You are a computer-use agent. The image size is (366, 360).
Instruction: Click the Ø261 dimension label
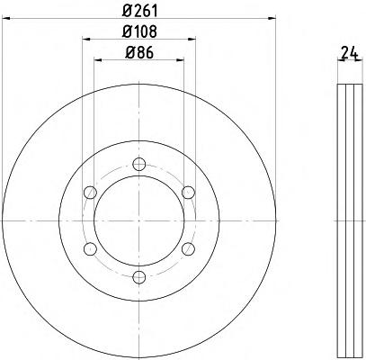tap(139, 12)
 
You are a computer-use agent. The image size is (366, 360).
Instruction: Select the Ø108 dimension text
tap(139, 31)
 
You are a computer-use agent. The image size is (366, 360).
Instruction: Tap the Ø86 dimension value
tap(139, 53)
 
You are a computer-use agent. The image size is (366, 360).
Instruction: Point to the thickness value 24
tap(350, 54)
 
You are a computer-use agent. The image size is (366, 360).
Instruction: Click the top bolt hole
tap(139, 164)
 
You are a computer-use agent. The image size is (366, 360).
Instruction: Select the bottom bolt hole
tap(139, 277)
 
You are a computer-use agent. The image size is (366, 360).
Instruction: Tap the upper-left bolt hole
tap(90, 192)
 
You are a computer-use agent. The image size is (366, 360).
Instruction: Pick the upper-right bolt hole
tap(188, 192)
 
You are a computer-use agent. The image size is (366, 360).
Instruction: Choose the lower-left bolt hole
tap(90, 248)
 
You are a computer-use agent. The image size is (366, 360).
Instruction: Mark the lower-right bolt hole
tap(188, 248)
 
